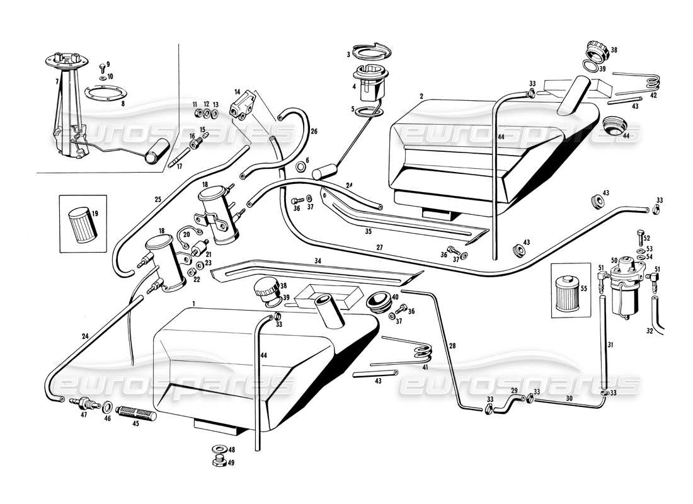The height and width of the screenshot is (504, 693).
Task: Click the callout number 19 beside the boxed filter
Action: tap(96, 213)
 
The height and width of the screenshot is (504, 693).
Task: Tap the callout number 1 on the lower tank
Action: tap(195, 304)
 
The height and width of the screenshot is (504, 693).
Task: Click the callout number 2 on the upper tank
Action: tap(421, 96)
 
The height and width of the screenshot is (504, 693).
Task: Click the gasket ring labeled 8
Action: tap(102, 95)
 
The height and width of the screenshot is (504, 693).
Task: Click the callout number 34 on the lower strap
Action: tap(318, 260)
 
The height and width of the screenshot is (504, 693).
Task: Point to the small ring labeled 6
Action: tap(302, 168)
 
